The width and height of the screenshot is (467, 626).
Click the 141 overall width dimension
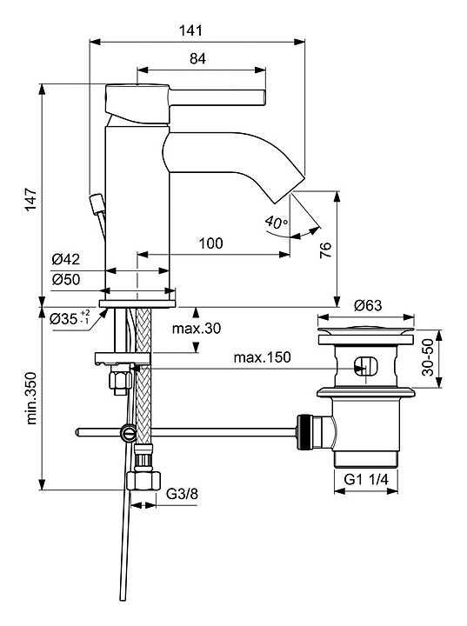[190, 30]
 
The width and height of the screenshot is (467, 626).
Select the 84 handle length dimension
[197, 59]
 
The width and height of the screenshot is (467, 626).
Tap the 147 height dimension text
[30, 199]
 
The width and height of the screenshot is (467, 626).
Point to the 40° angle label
[277, 222]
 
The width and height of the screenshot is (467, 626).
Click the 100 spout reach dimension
[211, 243]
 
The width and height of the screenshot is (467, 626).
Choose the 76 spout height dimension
[326, 250]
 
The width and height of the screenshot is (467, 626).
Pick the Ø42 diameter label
[65, 259]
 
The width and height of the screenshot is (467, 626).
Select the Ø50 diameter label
[65, 279]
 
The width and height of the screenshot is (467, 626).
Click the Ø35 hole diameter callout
[70, 318]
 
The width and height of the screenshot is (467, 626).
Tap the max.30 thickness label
[197, 329]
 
